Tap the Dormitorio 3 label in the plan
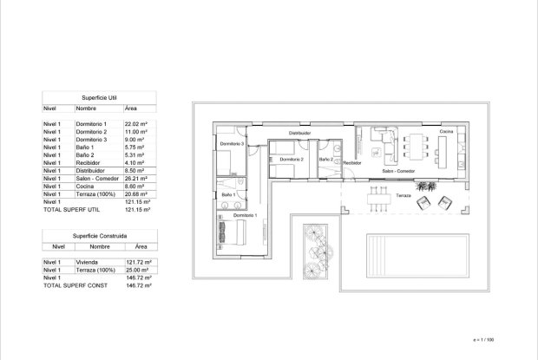tap(230, 143)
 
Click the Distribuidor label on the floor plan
tap(300, 133)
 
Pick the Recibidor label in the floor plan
tap(351, 162)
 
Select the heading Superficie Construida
tap(95, 236)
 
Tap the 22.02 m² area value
tap(138, 125)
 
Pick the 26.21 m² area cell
tap(138, 180)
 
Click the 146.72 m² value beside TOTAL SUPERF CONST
tap(138, 285)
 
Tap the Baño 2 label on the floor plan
tap(325, 159)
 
